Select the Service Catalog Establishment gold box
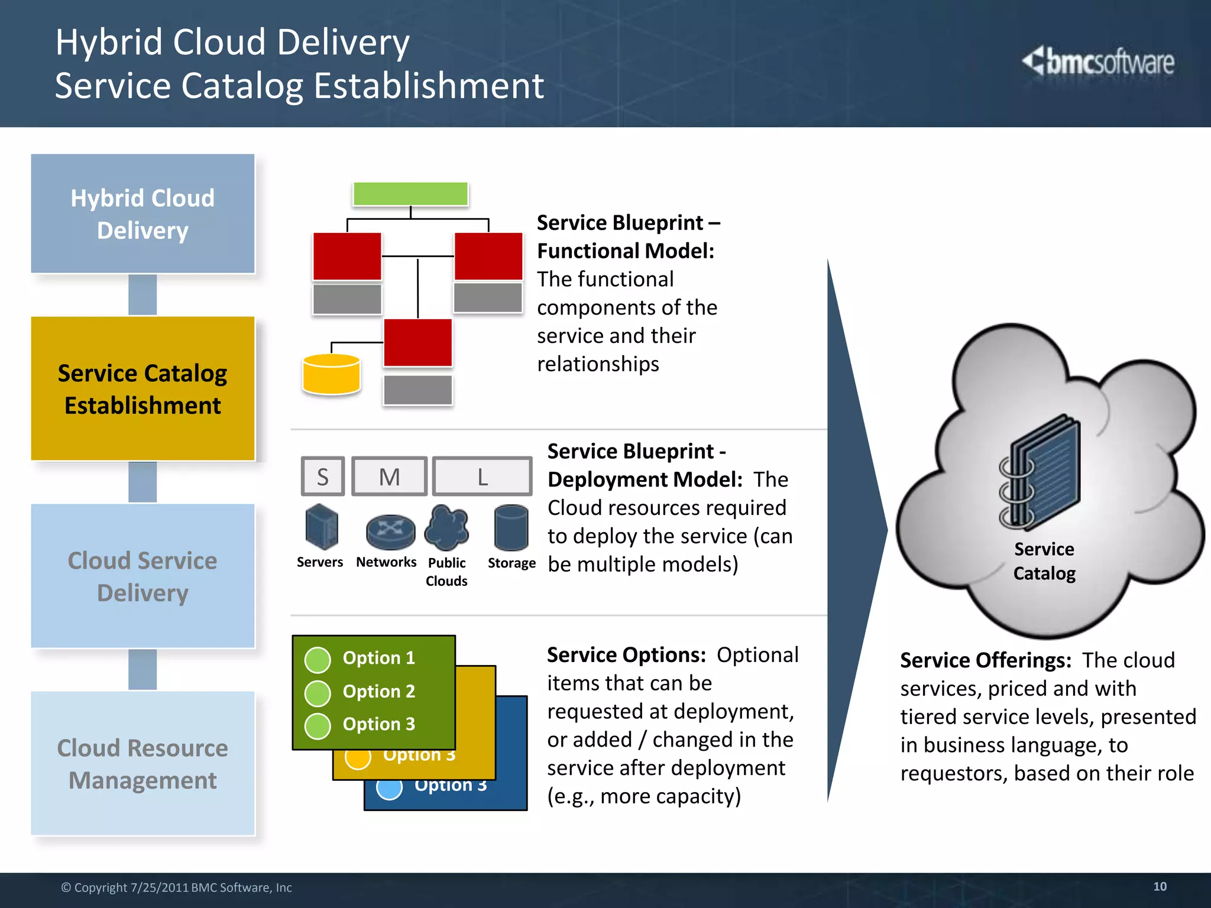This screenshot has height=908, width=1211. click(x=143, y=388)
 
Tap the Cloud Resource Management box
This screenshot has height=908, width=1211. click(x=143, y=763)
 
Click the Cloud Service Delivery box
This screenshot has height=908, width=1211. click(x=143, y=576)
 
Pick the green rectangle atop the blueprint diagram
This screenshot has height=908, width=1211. click(x=410, y=194)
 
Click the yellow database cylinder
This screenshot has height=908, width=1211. click(x=331, y=374)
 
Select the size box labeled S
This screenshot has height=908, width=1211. click(x=323, y=476)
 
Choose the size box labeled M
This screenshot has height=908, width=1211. click(x=389, y=476)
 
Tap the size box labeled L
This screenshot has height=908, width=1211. click(x=482, y=476)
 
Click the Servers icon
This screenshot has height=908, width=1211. click(x=322, y=526)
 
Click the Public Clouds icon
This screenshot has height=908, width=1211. click(x=447, y=527)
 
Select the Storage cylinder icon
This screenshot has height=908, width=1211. click(x=511, y=527)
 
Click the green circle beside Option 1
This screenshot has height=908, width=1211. click(x=318, y=660)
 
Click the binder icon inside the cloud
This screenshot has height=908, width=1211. click(x=1041, y=473)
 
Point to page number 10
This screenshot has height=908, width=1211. click(x=1160, y=886)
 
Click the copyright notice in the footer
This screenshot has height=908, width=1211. click(x=176, y=887)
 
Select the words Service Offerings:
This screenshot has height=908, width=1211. click(x=985, y=660)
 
